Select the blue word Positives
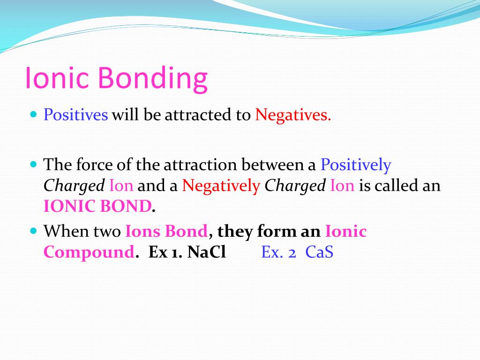pyautogui.click(x=75, y=115)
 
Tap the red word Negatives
pyautogui.click(x=293, y=116)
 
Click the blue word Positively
pyautogui.click(x=356, y=165)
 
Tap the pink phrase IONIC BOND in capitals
pyautogui.click(x=97, y=206)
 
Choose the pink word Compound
pyautogui.click(x=89, y=253)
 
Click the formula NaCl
pyautogui.click(x=207, y=252)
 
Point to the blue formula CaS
pyautogui.click(x=319, y=252)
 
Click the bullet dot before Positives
pyautogui.click(x=34, y=114)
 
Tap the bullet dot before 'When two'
pyautogui.click(x=34, y=231)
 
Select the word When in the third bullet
pyautogui.click(x=66, y=231)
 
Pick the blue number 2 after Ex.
pyautogui.click(x=292, y=253)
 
